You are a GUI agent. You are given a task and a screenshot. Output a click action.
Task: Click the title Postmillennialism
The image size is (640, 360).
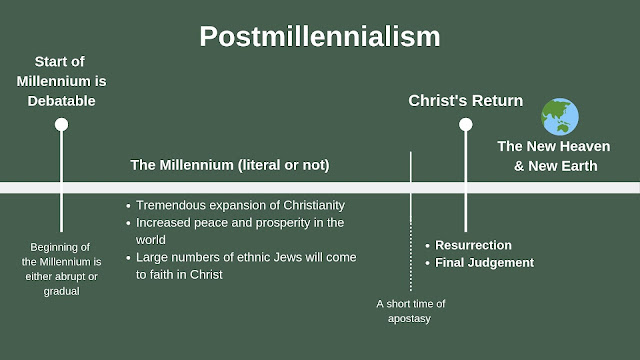[320, 37]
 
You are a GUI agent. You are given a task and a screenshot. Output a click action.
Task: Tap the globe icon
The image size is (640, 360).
[560, 117]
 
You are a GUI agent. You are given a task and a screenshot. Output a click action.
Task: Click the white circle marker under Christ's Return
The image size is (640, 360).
[465, 124]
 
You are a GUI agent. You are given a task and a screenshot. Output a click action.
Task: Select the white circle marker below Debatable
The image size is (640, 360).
[62, 124]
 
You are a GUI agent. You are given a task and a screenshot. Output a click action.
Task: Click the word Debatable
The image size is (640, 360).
[61, 101]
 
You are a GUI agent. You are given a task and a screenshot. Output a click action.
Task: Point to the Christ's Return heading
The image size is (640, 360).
[466, 100]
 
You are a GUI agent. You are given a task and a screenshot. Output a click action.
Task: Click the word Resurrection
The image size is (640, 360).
[473, 245]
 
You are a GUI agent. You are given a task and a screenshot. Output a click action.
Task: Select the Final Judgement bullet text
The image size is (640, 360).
[484, 262]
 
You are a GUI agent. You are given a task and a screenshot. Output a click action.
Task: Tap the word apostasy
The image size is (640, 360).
[409, 319]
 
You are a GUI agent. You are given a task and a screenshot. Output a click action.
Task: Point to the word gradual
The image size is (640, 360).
[62, 291]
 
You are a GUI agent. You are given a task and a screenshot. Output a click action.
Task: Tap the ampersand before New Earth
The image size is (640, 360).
[519, 166]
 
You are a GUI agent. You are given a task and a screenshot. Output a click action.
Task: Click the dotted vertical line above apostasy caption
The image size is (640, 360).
[411, 256]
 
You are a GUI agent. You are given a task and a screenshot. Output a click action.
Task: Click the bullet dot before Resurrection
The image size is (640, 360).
[427, 246]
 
